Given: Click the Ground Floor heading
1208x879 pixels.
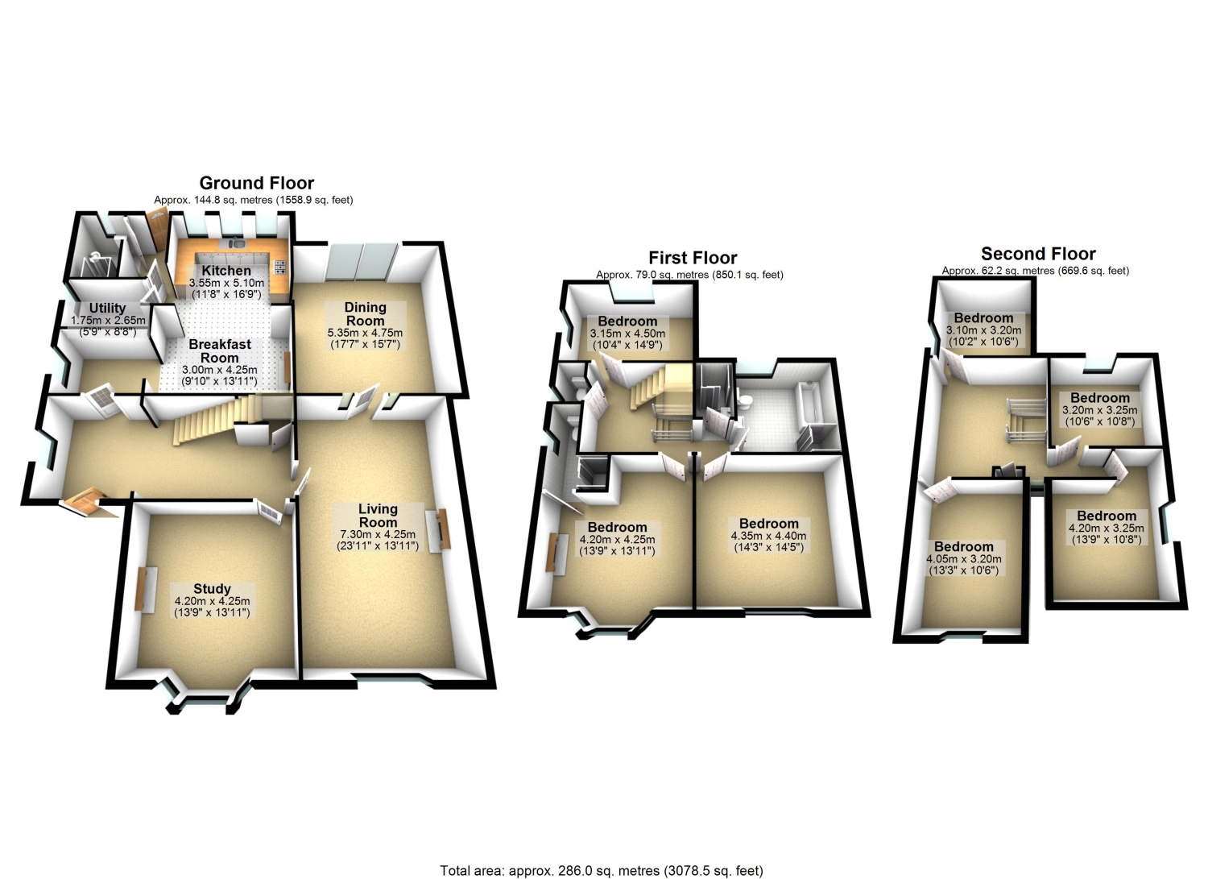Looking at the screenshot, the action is (257, 183).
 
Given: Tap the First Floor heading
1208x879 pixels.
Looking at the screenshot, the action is (693, 258).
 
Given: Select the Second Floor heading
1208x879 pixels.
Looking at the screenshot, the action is (1038, 254).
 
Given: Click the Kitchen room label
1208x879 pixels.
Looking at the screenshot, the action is (226, 271).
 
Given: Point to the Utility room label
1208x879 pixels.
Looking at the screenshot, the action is (107, 308).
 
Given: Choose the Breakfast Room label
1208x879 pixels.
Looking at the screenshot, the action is (220, 350).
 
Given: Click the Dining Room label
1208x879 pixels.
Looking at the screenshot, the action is (365, 314).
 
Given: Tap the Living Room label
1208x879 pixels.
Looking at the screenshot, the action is (378, 516).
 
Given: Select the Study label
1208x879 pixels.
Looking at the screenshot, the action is (212, 589).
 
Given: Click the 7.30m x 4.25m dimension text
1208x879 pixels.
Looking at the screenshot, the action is (378, 534).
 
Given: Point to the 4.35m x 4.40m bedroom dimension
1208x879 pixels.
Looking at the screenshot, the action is (768, 536).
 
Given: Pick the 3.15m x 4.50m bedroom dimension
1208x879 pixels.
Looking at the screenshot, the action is (627, 334).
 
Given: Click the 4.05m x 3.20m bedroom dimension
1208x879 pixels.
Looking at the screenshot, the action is (964, 559).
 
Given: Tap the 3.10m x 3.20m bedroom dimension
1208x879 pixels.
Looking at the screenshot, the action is (983, 330).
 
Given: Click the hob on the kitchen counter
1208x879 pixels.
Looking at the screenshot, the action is (280, 267).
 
